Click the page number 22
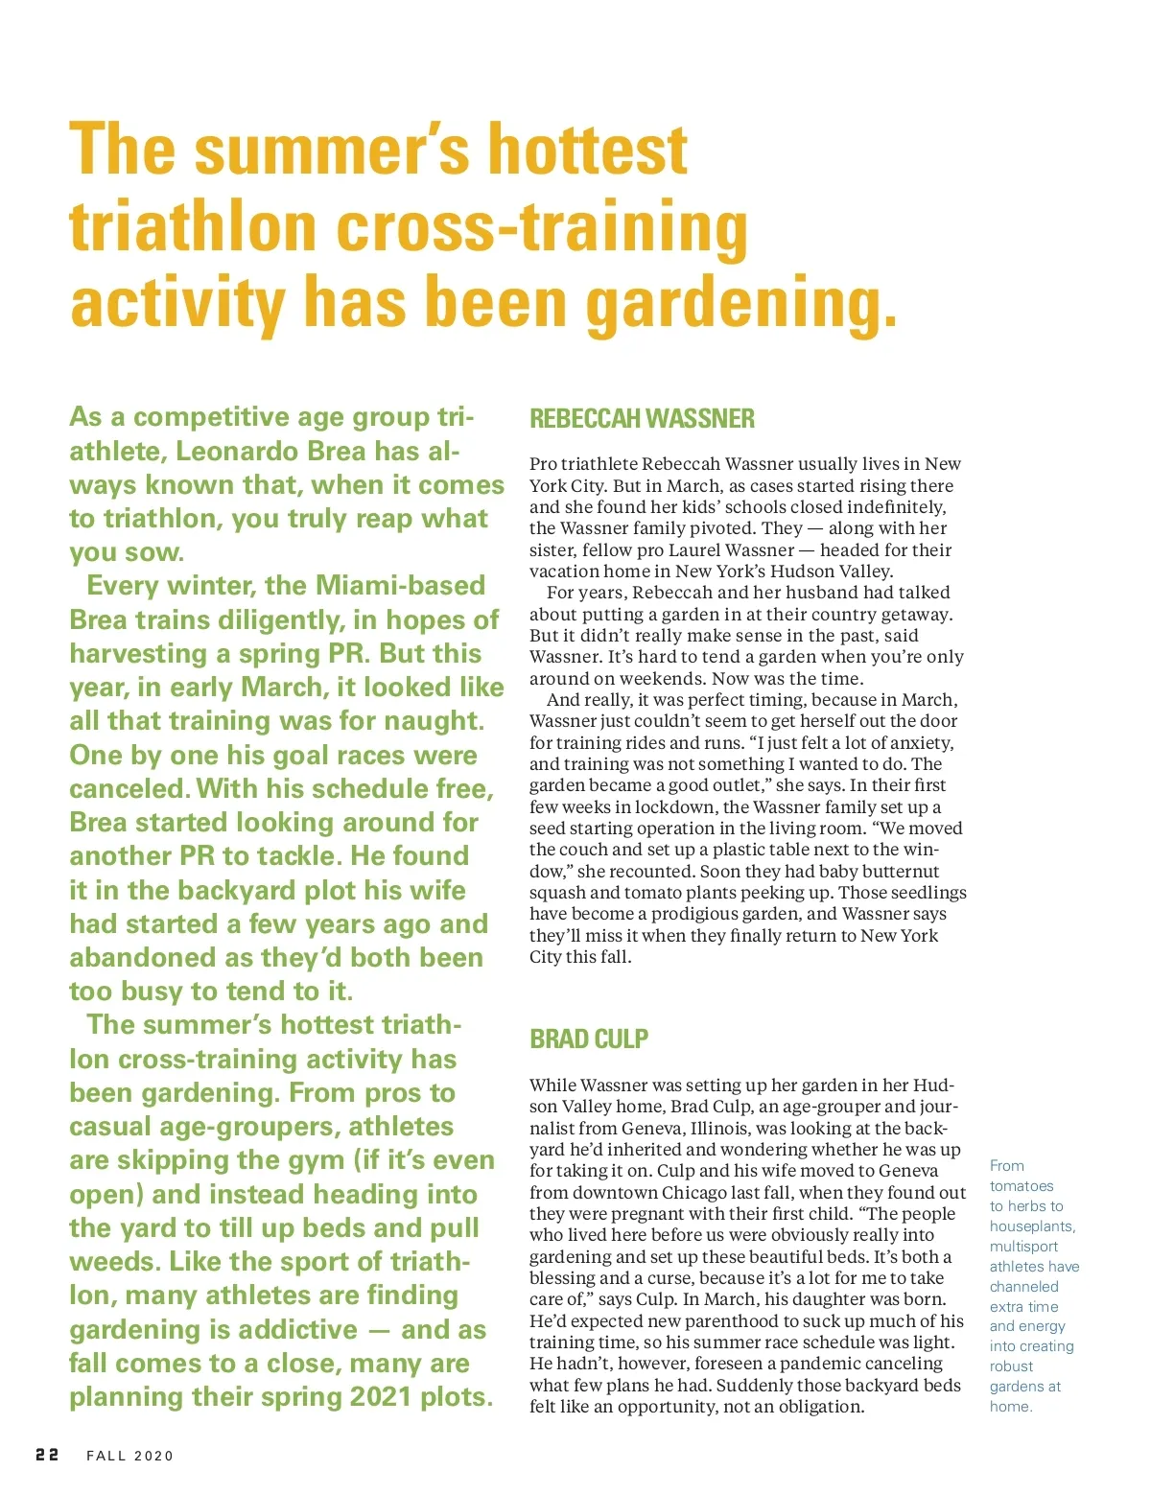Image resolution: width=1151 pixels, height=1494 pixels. coord(47,1455)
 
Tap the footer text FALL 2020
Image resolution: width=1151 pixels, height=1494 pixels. coord(130,1456)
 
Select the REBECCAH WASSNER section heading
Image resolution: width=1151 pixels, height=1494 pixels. coord(642,419)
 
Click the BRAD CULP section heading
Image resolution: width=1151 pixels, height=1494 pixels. coord(589,1039)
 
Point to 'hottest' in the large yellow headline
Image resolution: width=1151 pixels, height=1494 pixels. coord(588,151)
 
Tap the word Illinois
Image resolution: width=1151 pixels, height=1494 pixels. coord(779,1129)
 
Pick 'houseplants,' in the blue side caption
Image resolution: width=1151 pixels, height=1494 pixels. coord(1032,1226)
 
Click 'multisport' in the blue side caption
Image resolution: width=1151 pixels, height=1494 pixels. coord(1023,1247)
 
